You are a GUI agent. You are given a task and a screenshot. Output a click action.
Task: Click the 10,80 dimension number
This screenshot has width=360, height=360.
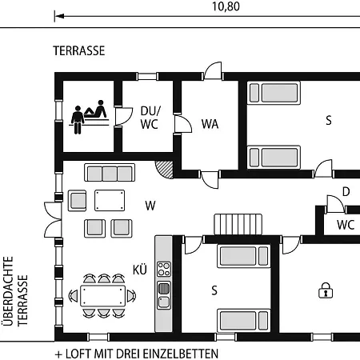click(x=226, y=6)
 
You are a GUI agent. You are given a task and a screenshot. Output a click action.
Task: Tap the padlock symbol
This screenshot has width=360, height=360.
click(x=326, y=290)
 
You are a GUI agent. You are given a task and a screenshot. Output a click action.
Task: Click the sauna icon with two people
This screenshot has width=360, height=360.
click(x=89, y=117)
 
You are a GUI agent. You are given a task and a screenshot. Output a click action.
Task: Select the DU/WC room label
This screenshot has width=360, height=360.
click(x=150, y=118)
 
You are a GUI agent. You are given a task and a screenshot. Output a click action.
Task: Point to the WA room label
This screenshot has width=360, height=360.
click(x=210, y=124)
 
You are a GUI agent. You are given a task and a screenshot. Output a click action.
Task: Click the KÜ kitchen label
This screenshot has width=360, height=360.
click(x=140, y=270)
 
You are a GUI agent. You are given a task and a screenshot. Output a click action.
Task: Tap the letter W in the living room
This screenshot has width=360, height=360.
click(x=150, y=206)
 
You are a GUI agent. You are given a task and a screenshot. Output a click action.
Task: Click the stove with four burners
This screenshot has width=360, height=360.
click(x=164, y=269)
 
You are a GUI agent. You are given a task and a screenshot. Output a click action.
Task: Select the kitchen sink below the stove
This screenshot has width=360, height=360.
click(x=164, y=295)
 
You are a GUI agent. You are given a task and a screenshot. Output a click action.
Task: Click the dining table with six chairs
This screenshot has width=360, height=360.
click(x=102, y=296)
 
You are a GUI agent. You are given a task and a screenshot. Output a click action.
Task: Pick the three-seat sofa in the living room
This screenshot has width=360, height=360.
click(x=110, y=173)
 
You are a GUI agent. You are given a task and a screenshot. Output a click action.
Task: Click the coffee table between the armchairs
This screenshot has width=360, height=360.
click(x=110, y=200)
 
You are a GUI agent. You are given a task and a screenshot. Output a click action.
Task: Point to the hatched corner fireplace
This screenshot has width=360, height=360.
click(x=166, y=169)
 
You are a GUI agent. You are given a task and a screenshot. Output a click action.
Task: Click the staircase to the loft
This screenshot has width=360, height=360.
click(x=238, y=224)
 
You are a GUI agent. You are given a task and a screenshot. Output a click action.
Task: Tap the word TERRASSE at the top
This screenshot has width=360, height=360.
click(x=79, y=50)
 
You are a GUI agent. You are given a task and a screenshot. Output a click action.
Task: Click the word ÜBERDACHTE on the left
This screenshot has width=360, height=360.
click(x=8, y=291)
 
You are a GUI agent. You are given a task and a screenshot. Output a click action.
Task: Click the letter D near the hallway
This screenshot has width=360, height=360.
click(x=346, y=192)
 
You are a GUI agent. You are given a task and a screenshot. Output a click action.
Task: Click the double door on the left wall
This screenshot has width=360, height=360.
click(x=53, y=220)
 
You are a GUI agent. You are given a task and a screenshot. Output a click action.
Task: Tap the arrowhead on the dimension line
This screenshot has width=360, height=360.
click(x=59, y=16)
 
